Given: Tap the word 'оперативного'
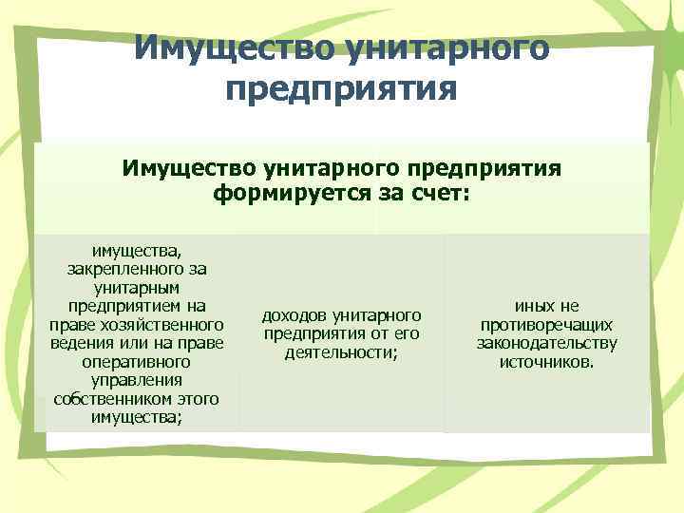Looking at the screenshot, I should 138,362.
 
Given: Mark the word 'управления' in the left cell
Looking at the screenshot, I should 138,380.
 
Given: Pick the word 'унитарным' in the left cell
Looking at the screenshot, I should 138,287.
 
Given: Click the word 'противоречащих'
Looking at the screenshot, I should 546,325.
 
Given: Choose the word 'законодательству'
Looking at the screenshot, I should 546,343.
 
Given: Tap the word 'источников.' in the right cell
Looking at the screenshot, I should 546,362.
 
